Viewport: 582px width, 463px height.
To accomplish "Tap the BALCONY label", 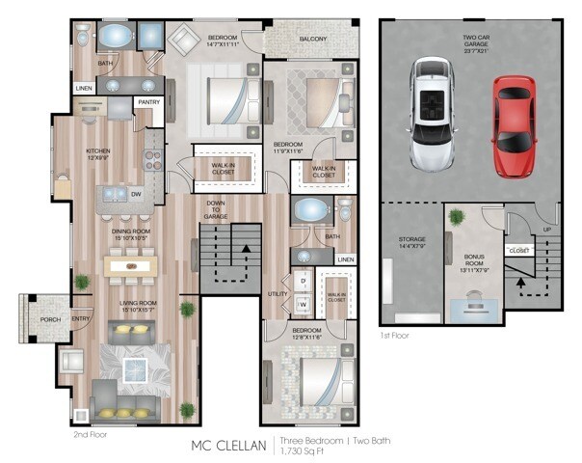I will point(312,40).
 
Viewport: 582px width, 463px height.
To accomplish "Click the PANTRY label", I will point(148,101).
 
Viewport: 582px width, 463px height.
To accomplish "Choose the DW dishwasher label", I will point(136,194).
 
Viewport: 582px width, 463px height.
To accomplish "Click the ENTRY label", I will point(81,319).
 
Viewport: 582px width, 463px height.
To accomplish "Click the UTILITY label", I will point(278,292).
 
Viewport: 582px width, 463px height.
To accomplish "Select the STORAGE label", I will point(411,240).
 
